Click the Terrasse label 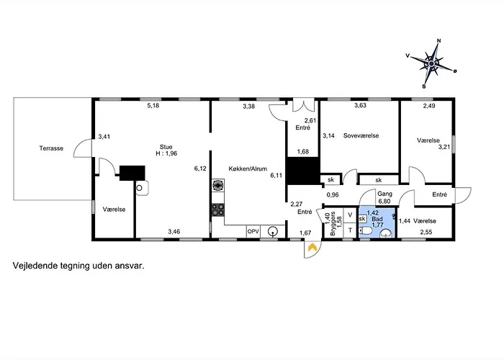51,148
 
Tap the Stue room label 166,147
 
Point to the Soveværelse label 361,135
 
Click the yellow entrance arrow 312,247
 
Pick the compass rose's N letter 438,41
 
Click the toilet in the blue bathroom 365,231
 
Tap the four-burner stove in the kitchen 218,210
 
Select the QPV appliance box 253,231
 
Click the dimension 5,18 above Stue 153,105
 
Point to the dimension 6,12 200,168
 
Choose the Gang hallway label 384,194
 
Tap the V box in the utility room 351,215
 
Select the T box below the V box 351,230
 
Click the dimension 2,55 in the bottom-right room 426,232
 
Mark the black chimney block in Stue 132,173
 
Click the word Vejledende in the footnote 35,266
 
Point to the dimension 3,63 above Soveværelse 360,105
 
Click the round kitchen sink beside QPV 273,231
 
